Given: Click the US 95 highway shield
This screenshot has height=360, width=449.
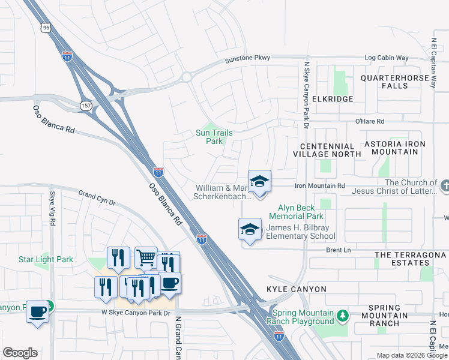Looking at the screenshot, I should pos(46,28).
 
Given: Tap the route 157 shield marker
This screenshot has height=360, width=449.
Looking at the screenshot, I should pos(86,105).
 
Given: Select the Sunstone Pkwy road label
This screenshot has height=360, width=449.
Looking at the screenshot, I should pos(247,58).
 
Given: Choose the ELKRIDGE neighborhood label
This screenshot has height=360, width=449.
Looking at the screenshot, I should pos(329,98).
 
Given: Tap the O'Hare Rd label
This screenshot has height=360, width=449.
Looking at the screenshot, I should pos(369,121).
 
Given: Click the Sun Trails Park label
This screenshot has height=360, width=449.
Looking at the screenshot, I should pos(214,137).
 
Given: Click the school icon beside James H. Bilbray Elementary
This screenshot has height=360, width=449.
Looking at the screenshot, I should pos(250,230).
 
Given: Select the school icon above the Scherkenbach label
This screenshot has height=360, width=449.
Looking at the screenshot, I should pos(260,181).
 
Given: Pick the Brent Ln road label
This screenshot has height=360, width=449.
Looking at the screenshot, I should pos(337,250).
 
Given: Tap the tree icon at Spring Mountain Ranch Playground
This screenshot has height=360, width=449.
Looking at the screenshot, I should pos(342,315).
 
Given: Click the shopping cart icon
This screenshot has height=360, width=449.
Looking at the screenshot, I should pos(145,257).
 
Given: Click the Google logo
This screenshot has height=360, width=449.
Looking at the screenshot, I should pos(20,353).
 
